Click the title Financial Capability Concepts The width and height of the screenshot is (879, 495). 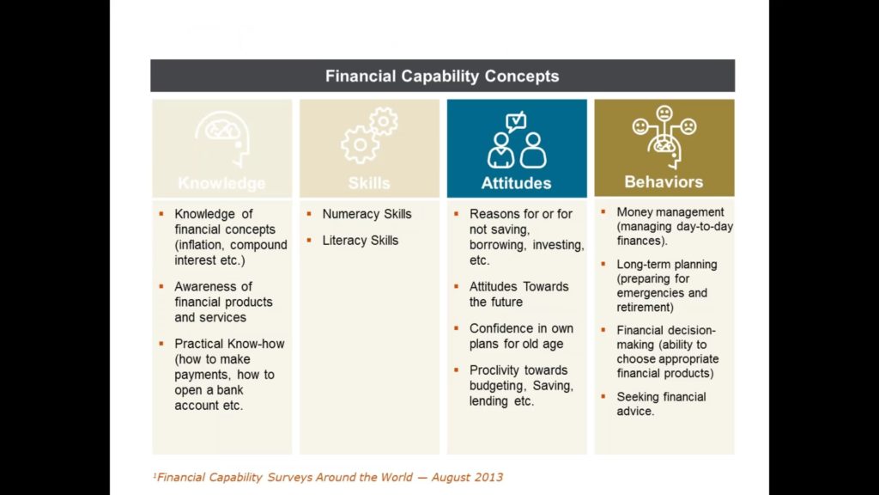click(x=442, y=76)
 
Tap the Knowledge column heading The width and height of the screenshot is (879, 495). click(x=222, y=183)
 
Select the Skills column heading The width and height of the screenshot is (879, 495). click(x=369, y=183)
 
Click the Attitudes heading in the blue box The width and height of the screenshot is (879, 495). click(x=516, y=183)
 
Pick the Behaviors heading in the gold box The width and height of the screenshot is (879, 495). click(x=664, y=182)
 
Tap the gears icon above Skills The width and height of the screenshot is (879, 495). click(x=369, y=136)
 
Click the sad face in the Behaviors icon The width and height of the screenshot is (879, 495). click(x=688, y=127)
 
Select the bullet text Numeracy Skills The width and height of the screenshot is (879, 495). click(x=367, y=214)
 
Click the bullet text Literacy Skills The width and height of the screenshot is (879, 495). click(x=360, y=241)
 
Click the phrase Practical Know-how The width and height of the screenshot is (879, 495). click(x=229, y=344)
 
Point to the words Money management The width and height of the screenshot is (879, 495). click(x=670, y=212)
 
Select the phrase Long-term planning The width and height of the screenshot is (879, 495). click(x=666, y=265)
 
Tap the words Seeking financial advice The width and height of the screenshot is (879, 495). click(x=662, y=404)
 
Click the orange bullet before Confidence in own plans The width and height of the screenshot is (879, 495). click(x=457, y=327)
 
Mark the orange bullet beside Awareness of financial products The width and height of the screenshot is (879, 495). click(x=161, y=286)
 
